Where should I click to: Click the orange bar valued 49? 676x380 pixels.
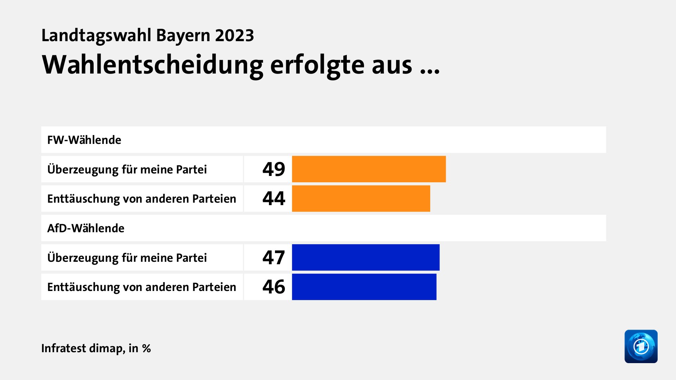point(369,169)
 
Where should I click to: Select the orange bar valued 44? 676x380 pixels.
point(361,199)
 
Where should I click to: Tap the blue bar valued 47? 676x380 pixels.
point(365,258)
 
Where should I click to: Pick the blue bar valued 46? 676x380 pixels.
point(364,287)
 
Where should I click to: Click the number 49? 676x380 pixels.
point(274,169)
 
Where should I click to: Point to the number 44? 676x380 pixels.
point(274,199)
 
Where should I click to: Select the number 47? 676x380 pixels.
point(274,258)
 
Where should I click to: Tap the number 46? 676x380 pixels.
point(274,287)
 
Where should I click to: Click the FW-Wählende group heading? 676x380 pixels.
point(84,140)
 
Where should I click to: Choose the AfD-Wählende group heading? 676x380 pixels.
point(86,228)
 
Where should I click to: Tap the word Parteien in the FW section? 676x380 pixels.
point(214,199)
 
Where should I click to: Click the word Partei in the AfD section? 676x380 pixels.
point(191,258)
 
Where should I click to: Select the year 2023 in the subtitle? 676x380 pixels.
point(234,36)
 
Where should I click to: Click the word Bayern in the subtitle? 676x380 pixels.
point(183,36)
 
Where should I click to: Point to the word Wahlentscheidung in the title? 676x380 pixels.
point(152,65)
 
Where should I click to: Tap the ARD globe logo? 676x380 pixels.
point(641,346)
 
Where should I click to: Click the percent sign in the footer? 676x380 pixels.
point(146,348)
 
